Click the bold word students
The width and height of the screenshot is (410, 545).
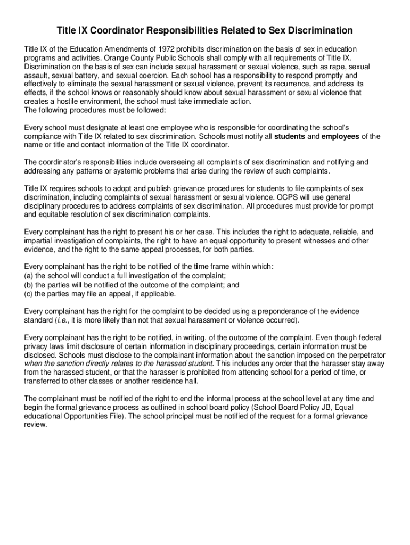[289, 136]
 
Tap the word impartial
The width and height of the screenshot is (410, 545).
[40, 241]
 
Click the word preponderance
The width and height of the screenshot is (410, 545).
[277, 311]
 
